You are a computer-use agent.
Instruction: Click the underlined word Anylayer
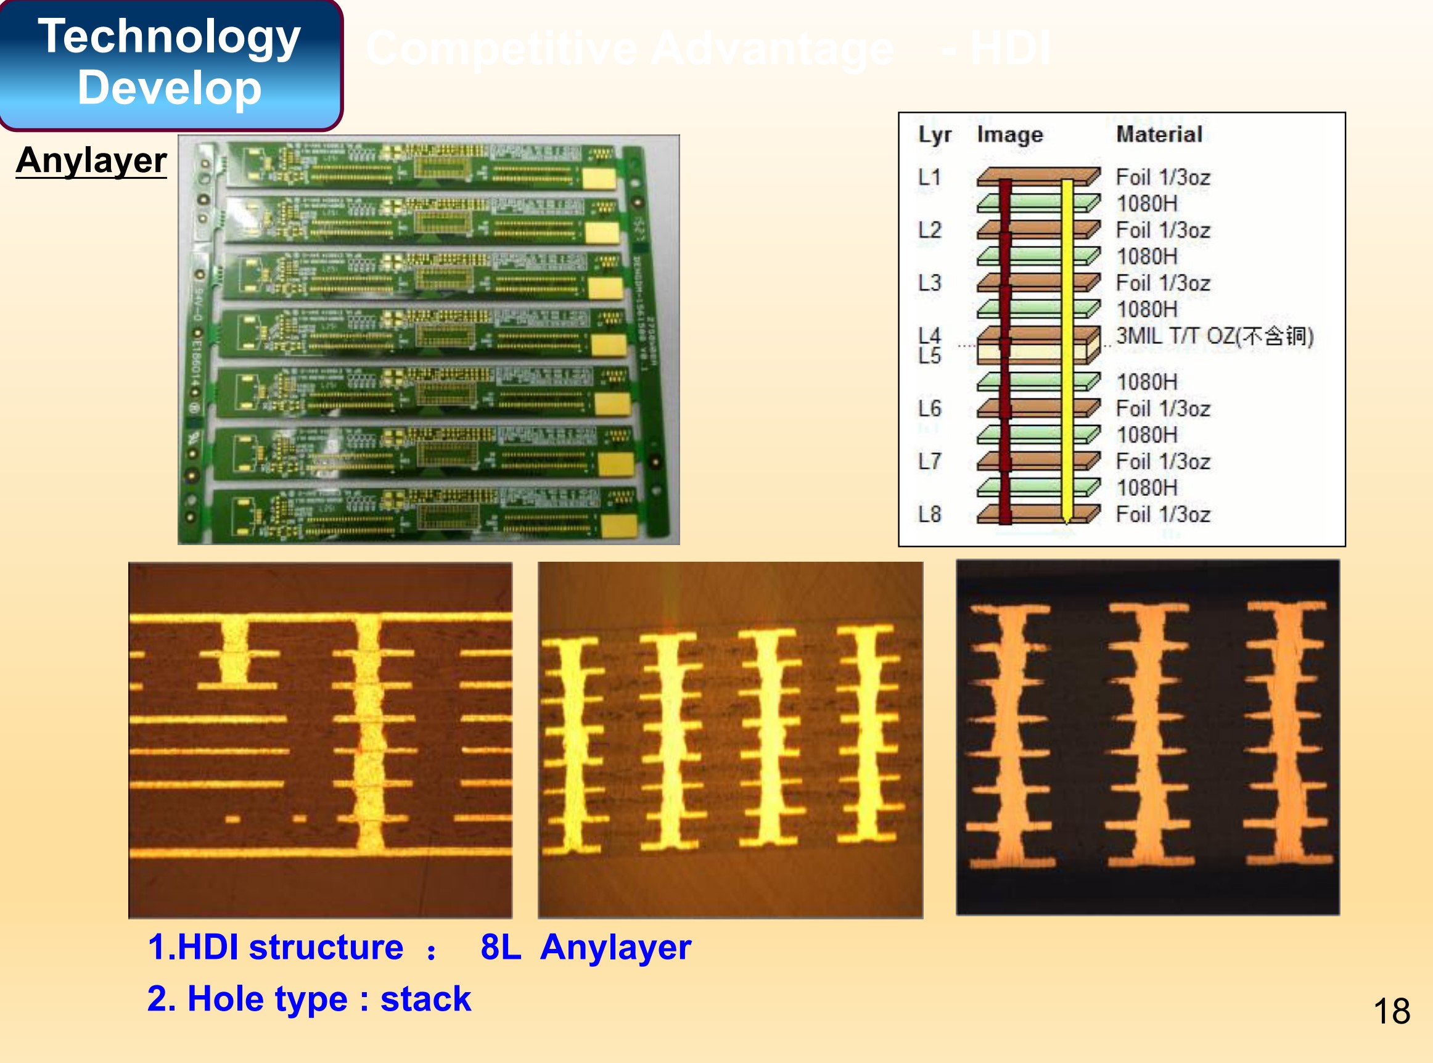click(x=91, y=160)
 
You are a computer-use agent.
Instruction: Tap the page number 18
click(x=1391, y=1011)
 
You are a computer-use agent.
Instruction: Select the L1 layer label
click(x=929, y=177)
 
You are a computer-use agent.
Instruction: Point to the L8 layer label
click(x=929, y=514)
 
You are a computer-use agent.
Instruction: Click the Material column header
click(x=1159, y=134)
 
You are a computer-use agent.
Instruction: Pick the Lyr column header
click(x=934, y=134)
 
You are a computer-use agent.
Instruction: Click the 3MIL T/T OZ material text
click(x=1214, y=336)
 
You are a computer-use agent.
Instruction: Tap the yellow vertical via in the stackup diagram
click(x=1066, y=348)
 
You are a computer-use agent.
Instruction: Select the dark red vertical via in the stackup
click(x=1005, y=348)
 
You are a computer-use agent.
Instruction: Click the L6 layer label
click(x=929, y=409)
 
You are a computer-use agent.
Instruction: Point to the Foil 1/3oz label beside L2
click(x=1163, y=231)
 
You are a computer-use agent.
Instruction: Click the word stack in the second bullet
click(x=425, y=999)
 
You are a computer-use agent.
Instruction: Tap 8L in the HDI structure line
click(x=501, y=948)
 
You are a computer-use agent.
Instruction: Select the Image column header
click(x=1009, y=134)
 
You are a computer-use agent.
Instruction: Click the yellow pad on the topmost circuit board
click(x=600, y=178)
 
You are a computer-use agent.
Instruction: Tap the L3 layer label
click(x=929, y=283)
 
